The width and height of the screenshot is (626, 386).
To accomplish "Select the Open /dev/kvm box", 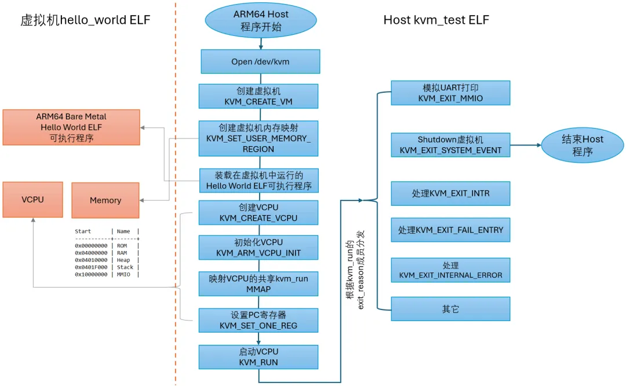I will pos(260,61).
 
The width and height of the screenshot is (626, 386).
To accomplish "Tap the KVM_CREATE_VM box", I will pos(259,96).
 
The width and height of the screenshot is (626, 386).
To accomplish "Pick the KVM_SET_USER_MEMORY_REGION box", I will pos(259,138).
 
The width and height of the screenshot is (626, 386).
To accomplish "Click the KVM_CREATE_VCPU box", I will pos(259,212).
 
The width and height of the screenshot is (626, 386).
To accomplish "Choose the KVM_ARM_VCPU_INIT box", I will pos(259,247).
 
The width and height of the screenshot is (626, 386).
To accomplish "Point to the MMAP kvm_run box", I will pos(259,283).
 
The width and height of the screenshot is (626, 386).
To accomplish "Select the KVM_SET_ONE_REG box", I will pos(259,320).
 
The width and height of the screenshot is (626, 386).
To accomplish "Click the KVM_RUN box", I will pos(259,357).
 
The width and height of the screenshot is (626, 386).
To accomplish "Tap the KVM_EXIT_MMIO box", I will pos(450,93).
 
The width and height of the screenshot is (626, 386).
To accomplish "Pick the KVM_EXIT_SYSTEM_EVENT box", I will pos(450,145).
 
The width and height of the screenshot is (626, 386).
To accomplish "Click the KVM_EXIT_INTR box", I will pos(450,194).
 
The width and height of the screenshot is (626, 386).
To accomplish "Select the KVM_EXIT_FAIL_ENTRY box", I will pos(450,230).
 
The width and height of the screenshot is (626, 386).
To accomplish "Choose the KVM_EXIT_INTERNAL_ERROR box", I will pos(450,270).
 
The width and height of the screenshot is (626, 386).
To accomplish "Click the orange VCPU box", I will pos(32,200).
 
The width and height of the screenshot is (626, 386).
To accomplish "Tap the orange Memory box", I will pos(105,201).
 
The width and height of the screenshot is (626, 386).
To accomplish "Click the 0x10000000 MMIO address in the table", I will pos(92,275).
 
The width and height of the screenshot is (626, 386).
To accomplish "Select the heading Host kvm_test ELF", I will pos(436,20).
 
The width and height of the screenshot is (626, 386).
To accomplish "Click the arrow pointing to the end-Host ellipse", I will pos(526,145).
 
